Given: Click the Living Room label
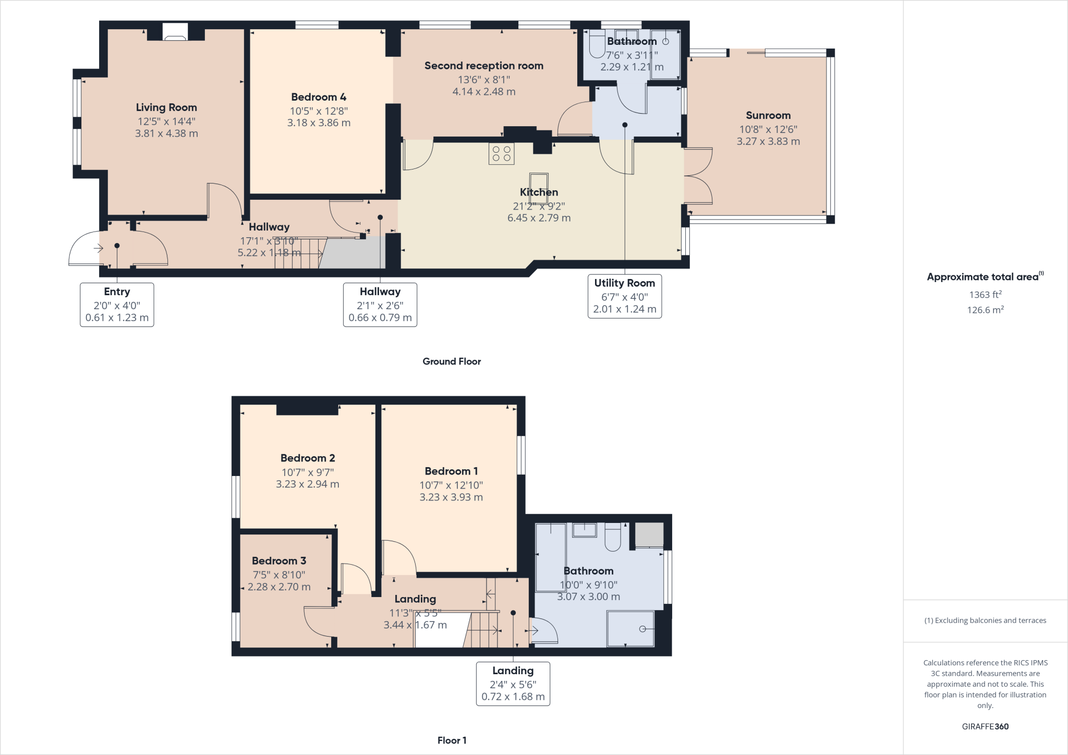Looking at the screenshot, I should (x=166, y=107).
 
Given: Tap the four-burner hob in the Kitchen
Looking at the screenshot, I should (x=501, y=153).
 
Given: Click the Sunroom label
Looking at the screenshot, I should (x=768, y=115).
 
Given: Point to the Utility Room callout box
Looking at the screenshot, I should (x=624, y=296).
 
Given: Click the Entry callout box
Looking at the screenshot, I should (x=117, y=305).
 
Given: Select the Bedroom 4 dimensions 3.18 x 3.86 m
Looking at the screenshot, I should (x=319, y=123).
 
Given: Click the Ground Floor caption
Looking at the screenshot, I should (x=452, y=361).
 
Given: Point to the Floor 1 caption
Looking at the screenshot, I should (x=452, y=740).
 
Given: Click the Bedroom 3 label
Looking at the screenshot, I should (x=279, y=561).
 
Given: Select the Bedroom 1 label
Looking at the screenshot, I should (x=451, y=471).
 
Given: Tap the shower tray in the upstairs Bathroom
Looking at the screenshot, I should (x=630, y=628).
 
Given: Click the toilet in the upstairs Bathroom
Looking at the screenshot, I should (x=613, y=538).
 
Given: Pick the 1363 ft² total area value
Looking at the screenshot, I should (x=985, y=295).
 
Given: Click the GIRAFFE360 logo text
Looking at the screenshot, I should (x=985, y=726).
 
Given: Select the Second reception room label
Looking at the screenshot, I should (x=483, y=66).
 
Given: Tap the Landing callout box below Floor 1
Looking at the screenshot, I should (x=513, y=684).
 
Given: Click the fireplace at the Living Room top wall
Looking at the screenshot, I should (x=175, y=32).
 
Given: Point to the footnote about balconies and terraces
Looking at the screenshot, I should (x=985, y=620).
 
